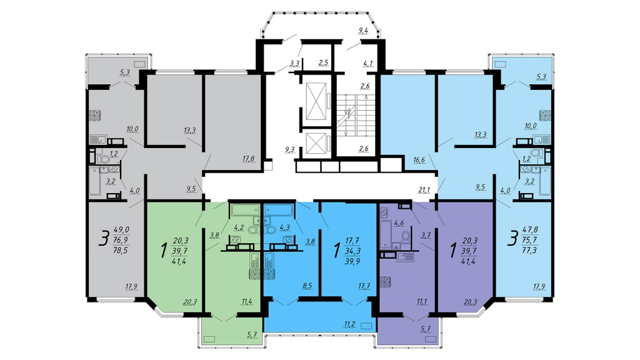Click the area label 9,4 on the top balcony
click(x=363, y=30)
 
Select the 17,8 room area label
click(x=248, y=158)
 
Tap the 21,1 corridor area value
click(x=424, y=189)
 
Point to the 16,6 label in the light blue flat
click(x=419, y=160)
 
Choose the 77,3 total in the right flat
click(x=529, y=250)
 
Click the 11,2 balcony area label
click(x=349, y=324)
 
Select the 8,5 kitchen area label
click(x=307, y=286)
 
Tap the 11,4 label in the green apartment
click(x=246, y=302)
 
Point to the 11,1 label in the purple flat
click(x=422, y=302)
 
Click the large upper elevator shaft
click(x=316, y=101)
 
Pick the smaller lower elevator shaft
click(x=316, y=143)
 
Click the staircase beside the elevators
click(x=355, y=116)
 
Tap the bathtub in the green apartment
click(x=243, y=210)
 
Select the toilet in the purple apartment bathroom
click(x=405, y=237)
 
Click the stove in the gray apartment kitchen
click(x=95, y=116)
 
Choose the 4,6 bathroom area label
click(x=399, y=223)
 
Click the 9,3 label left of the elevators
click(x=290, y=149)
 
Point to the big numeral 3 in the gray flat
click(x=104, y=239)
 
